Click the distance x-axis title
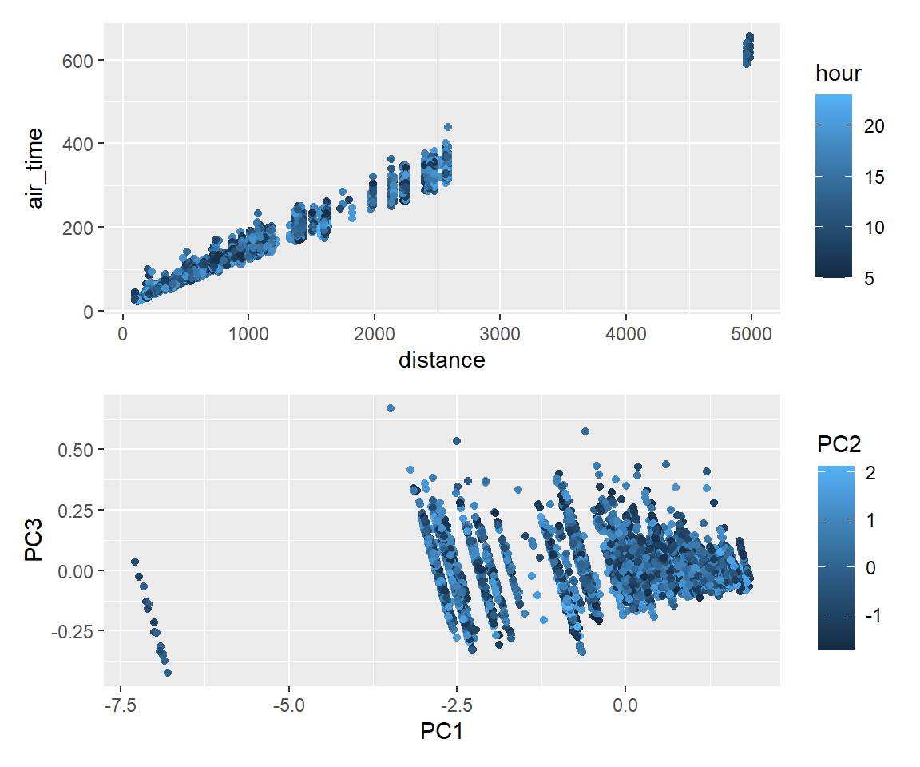[442, 360]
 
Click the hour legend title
[839, 74]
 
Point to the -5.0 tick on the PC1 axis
[289, 705]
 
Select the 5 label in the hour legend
[869, 278]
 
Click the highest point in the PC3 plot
[391, 408]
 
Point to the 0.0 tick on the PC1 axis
[625, 705]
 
